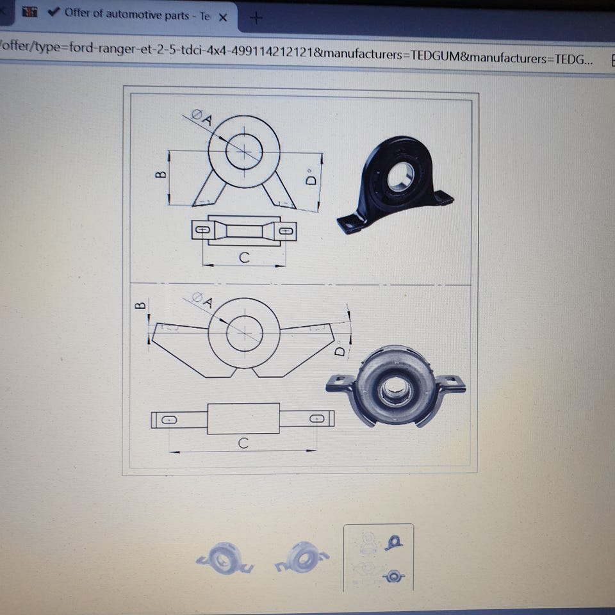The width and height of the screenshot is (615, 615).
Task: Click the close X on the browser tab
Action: [223, 17]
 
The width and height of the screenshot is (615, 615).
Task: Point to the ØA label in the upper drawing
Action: [202, 117]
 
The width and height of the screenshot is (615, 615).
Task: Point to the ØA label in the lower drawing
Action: [202, 300]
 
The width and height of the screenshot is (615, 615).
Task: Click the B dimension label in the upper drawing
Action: [161, 174]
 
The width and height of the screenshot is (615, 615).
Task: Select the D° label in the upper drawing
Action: [311, 177]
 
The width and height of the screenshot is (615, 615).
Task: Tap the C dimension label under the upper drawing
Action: [244, 258]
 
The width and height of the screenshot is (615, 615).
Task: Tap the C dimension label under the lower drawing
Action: [243, 443]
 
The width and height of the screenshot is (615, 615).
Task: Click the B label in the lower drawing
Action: [140, 305]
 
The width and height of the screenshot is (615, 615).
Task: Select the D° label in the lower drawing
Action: [340, 349]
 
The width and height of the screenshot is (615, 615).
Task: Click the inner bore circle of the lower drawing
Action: [227, 333]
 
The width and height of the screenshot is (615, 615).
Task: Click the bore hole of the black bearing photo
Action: [400, 177]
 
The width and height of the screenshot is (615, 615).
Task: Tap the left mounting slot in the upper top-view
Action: [202, 230]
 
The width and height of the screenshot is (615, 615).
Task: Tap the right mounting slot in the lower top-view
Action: [317, 418]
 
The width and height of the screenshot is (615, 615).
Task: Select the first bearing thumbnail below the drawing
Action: [225, 558]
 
